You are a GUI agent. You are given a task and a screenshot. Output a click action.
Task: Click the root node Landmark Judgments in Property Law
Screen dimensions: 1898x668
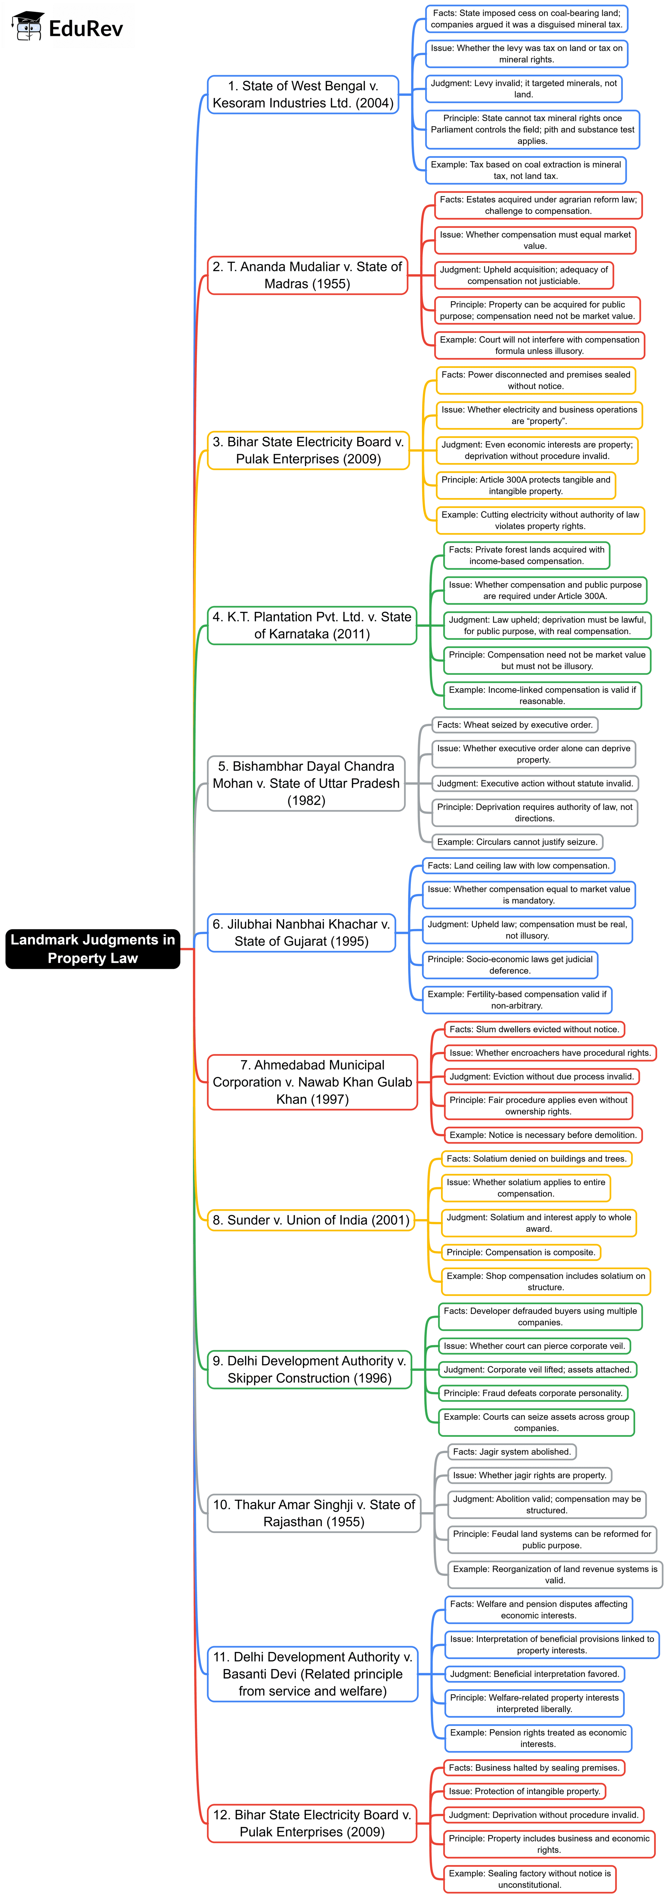pyautogui.click(x=93, y=948)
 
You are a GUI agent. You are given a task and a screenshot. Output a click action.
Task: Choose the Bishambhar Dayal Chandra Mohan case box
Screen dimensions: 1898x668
pyautogui.click(x=306, y=783)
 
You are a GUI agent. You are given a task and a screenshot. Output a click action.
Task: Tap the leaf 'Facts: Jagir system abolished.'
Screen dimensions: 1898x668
pyautogui.click(x=512, y=1452)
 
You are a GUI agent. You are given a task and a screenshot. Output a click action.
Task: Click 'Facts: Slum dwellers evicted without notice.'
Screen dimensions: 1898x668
pyautogui.click(x=534, y=1029)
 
